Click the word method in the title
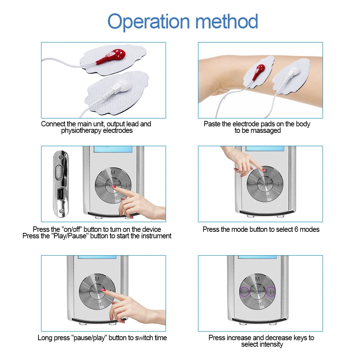226,22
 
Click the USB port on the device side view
60,194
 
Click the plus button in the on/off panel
126,185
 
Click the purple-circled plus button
271,292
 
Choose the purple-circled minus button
244,292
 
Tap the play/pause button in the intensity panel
257,292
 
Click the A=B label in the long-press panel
97,304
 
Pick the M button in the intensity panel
257,279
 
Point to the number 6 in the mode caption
296,229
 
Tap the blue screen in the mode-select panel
265,149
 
